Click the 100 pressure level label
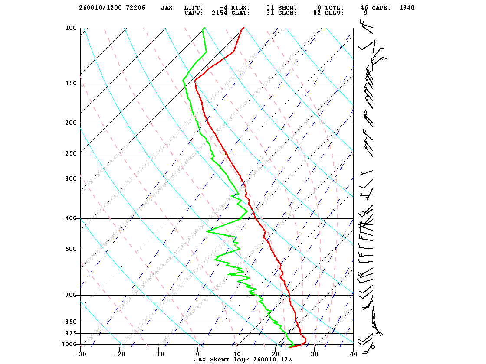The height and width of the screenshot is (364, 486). (71, 28)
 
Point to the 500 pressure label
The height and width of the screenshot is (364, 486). (71, 249)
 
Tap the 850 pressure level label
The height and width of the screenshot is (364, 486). (71, 322)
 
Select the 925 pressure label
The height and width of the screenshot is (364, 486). (71, 333)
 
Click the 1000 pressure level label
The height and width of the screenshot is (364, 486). (69, 344)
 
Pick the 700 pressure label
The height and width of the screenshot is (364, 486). (71, 295)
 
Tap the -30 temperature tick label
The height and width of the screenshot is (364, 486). (80, 354)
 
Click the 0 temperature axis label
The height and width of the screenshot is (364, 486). (198, 354)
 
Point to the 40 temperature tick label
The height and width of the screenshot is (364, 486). (354, 354)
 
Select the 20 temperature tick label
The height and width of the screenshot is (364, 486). (276, 354)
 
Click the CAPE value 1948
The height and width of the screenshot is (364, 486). (407, 8)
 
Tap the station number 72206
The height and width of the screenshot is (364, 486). (136, 8)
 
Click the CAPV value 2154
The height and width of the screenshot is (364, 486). (220, 13)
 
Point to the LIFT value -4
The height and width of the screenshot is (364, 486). (223, 8)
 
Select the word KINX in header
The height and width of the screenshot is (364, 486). (240, 8)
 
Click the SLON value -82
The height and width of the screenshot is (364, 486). (315, 13)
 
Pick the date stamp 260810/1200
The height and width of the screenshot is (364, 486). (100, 8)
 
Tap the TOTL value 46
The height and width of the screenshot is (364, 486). (364, 8)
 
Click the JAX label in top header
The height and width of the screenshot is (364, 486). (167, 8)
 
